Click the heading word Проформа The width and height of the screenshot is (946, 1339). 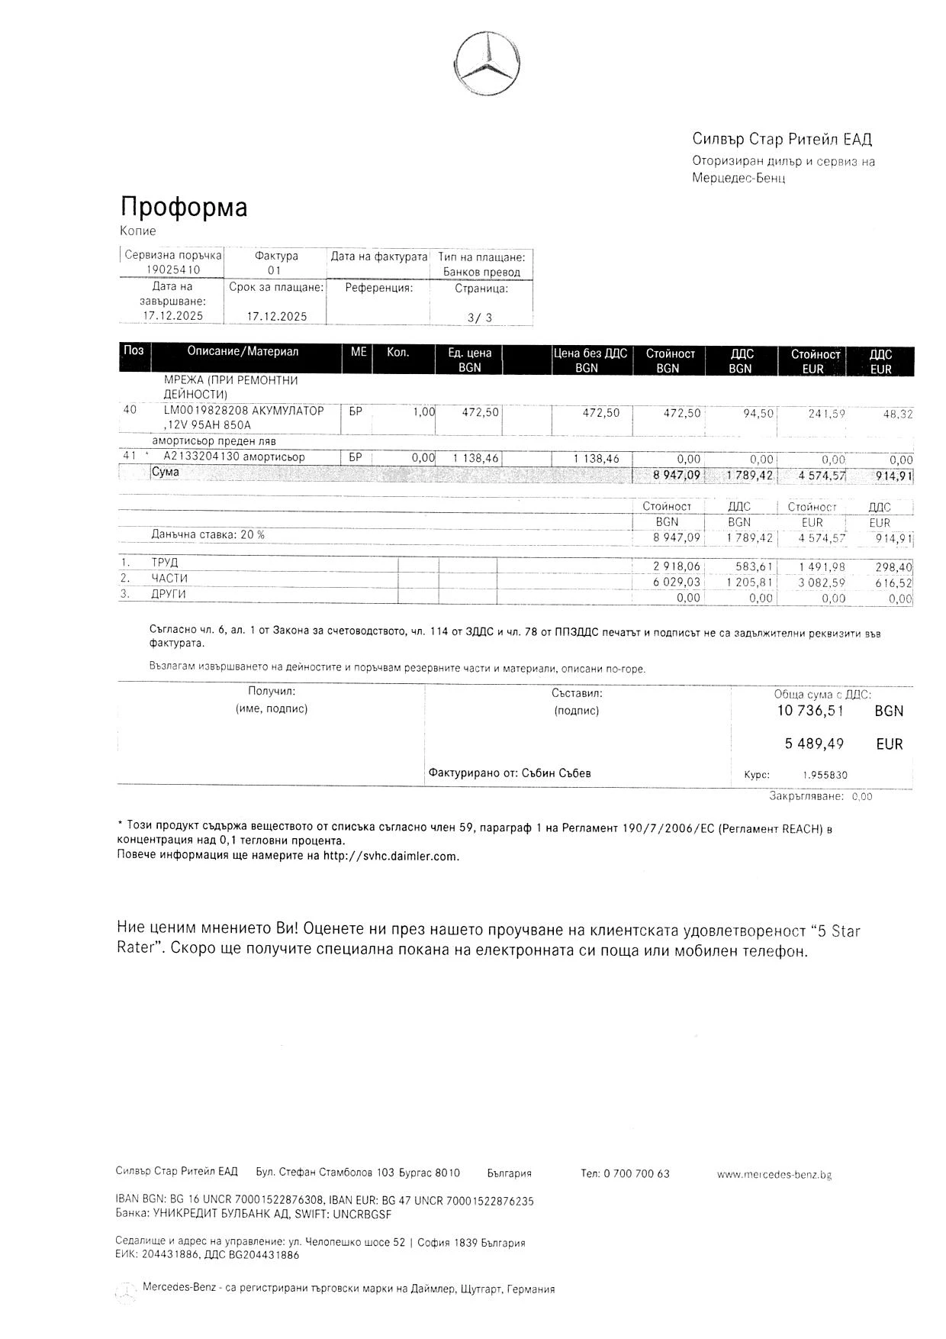(184, 208)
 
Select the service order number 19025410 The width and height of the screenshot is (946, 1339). (173, 270)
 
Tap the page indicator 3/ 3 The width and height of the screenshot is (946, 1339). (480, 318)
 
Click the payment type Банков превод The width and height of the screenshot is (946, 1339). (481, 273)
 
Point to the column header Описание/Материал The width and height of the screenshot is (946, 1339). (243, 352)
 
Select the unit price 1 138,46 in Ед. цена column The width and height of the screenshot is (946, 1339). (476, 459)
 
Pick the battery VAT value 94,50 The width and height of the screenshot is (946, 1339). (758, 413)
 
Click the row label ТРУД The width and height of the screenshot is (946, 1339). (165, 563)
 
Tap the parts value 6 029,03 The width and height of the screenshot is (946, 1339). (677, 582)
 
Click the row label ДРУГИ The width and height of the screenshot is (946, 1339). (169, 594)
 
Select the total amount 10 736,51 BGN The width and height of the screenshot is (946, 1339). (810, 711)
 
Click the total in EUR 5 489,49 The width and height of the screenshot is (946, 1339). (814, 744)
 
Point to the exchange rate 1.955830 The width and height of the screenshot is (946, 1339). (825, 775)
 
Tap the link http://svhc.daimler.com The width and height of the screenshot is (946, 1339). (391, 856)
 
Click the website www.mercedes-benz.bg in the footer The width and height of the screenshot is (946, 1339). (774, 1174)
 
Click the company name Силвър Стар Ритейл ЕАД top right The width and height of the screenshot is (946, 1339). (782, 139)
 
